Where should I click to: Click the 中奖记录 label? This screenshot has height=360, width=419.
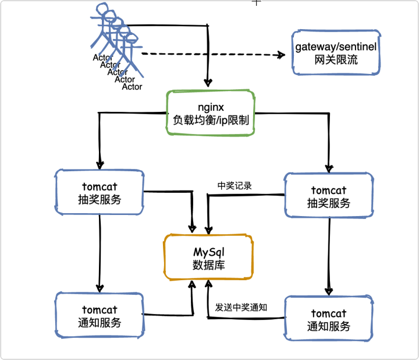pos(235,186)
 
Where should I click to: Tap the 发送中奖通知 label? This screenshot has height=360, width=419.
pos(241,308)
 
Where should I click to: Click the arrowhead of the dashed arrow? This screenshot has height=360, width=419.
pos(282,55)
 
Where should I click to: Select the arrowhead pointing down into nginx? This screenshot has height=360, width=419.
pos(208,83)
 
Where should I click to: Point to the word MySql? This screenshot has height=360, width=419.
pos(209,252)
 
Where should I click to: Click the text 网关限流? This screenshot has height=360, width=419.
pos(336,59)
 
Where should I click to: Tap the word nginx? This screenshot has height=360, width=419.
pos(211,107)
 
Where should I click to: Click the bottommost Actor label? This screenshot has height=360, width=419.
pos(132,87)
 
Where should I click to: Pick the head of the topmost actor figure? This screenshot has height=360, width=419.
pos(102,9)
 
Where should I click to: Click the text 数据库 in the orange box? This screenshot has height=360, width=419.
pos(209,265)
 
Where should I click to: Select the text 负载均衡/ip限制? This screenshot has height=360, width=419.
pos(211,120)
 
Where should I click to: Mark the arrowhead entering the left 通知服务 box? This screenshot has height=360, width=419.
pos(100,288)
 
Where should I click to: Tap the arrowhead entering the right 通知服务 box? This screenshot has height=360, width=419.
pos(329,291)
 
